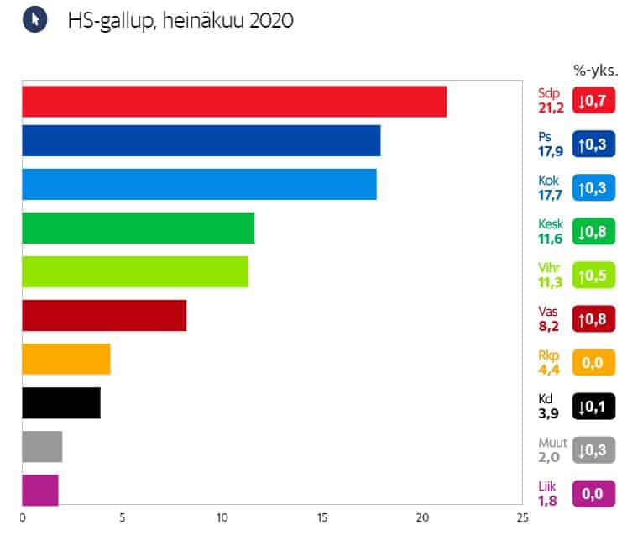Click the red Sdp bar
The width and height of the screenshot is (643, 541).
(x=233, y=102)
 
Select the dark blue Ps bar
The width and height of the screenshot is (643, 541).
(x=201, y=140)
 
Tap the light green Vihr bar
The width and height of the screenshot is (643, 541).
(x=135, y=271)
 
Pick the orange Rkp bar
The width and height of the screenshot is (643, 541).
(x=65, y=359)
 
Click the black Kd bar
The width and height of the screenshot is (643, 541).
(x=60, y=402)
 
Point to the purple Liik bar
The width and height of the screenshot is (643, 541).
(x=39, y=491)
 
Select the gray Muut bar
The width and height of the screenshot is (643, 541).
(x=41, y=446)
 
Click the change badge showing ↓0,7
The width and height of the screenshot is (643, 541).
(x=594, y=101)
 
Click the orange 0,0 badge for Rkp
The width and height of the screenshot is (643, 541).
(x=594, y=363)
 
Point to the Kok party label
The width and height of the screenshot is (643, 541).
(x=547, y=180)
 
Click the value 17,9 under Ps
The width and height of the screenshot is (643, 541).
(x=550, y=152)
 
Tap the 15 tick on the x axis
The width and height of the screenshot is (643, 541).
(x=322, y=517)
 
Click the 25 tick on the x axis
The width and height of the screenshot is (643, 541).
(x=523, y=517)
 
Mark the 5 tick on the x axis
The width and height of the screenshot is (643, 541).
(x=122, y=517)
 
